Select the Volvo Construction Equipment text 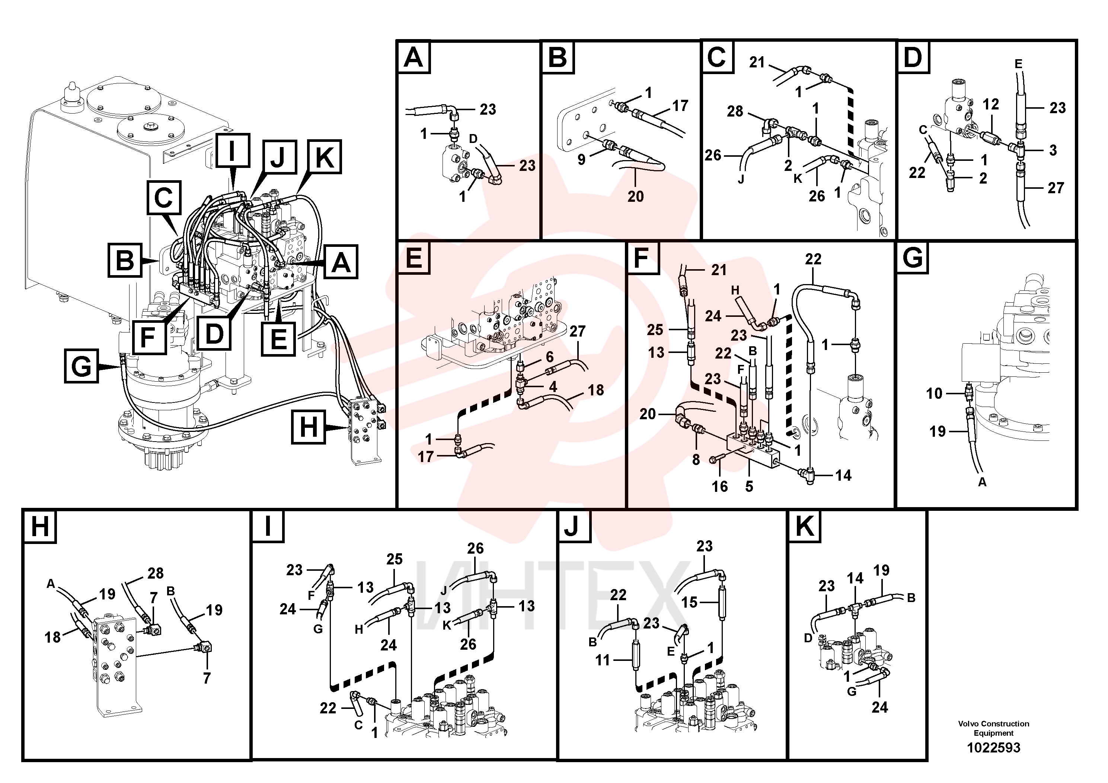click(x=994, y=728)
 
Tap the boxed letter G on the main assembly click(x=81, y=366)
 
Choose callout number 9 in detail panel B click(x=581, y=159)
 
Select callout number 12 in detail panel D click(x=991, y=104)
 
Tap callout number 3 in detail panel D click(x=1053, y=150)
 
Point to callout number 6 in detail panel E click(x=550, y=357)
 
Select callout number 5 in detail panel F click(x=749, y=486)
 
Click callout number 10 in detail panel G click(x=934, y=394)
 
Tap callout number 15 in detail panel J click(x=690, y=602)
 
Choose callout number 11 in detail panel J click(x=603, y=659)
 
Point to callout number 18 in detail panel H click(x=52, y=637)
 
